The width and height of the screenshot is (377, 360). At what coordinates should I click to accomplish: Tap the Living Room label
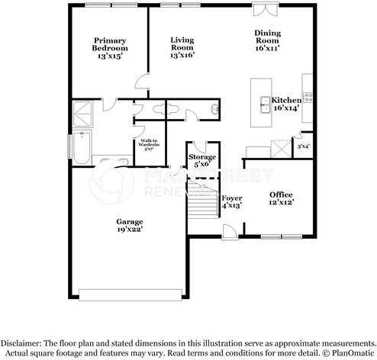[182, 47]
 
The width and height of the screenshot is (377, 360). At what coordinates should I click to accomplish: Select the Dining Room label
[267, 40]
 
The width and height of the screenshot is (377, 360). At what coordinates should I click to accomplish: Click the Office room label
[281, 198]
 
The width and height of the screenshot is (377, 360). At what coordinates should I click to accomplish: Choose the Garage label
[130, 225]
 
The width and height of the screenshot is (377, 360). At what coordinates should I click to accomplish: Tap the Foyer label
[231, 201]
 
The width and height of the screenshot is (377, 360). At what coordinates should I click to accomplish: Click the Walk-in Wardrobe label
[149, 145]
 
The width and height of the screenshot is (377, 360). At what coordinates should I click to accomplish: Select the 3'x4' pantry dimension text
[303, 146]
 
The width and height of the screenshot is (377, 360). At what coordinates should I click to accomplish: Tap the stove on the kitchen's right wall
[308, 97]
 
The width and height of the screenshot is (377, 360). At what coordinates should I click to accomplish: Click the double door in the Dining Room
[266, 9]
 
